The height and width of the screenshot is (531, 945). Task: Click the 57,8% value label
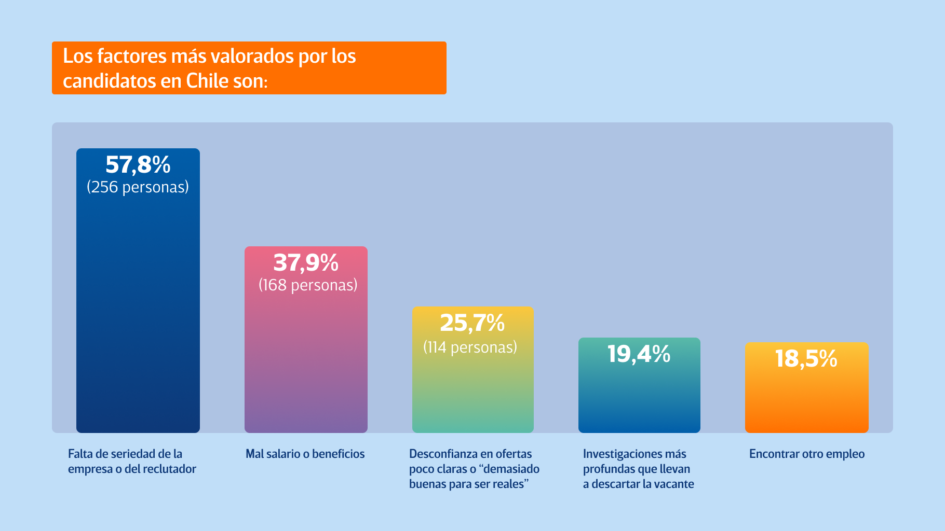coord(138,165)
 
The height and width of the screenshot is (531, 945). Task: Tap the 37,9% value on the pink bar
coord(306,262)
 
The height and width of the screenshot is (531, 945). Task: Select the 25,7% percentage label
coord(472,323)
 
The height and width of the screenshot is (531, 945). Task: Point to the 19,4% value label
coord(639,354)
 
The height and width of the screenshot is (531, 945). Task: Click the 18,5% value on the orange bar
coord(806,358)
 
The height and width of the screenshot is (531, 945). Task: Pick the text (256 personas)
coord(138,187)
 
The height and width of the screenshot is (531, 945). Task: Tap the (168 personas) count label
coord(308,285)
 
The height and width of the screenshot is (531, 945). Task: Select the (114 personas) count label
coord(470,347)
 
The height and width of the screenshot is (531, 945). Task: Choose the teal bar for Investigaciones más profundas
coord(639,399)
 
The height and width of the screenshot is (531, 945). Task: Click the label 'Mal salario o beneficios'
coord(305,454)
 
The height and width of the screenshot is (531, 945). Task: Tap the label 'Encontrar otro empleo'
coord(807,454)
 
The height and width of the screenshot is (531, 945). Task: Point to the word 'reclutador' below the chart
coord(169,469)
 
